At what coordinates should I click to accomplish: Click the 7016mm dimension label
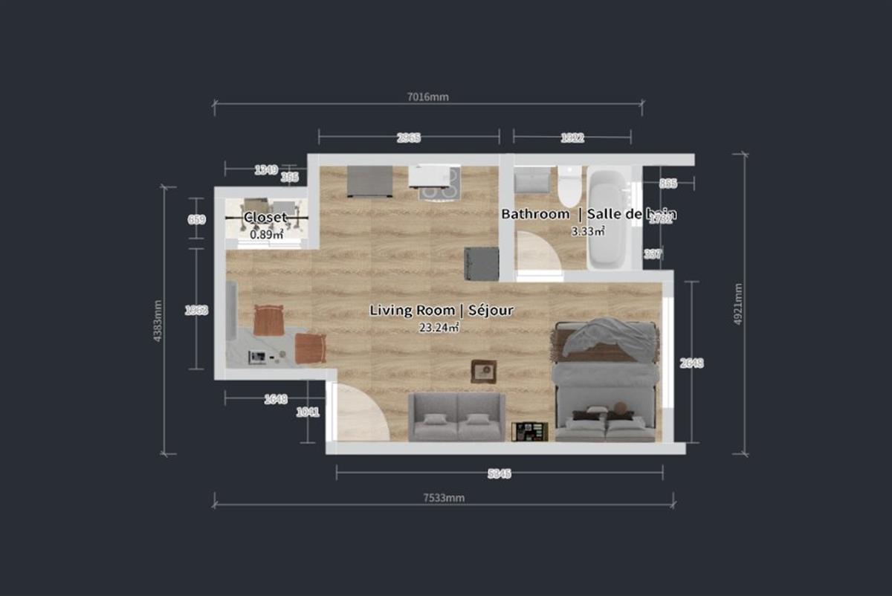pos(428,97)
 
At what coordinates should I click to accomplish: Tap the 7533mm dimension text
pos(444,498)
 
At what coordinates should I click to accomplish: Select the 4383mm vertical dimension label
pos(158,320)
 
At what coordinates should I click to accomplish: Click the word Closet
pos(265,218)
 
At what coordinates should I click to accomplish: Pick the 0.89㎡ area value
pos(266,234)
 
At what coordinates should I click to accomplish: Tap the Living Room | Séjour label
pos(441,311)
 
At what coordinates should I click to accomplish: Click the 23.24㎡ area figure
pos(439,327)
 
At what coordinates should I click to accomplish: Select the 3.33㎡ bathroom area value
pos(587,231)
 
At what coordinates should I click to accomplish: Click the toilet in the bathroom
pos(570,187)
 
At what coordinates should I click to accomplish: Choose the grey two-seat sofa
pos(456,418)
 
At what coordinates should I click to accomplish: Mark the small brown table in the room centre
pos(483,371)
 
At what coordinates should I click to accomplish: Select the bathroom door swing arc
pos(538,253)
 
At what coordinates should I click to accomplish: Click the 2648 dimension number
pos(691,363)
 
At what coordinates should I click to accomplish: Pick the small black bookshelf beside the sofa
pos(529,431)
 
